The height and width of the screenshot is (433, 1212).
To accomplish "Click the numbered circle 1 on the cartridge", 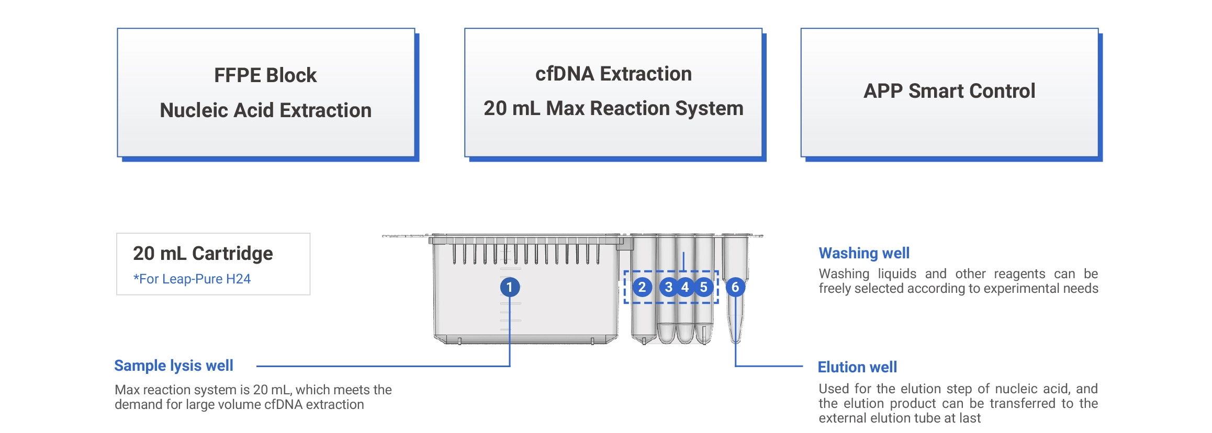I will click(x=510, y=287).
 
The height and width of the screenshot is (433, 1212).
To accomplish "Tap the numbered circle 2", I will click(x=642, y=287).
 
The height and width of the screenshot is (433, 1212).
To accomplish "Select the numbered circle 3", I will click(x=668, y=287).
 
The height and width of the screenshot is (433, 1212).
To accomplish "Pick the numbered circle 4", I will click(x=686, y=287).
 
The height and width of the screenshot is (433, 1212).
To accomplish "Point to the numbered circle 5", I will click(x=704, y=287).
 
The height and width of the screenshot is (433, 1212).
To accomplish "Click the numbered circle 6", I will click(x=735, y=287).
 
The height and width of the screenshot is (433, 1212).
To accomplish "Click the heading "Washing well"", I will click(x=864, y=253).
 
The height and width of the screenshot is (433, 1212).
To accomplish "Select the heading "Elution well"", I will click(x=857, y=367).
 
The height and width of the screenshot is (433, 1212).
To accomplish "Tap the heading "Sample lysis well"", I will click(x=174, y=366).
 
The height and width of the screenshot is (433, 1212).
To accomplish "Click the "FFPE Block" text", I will click(x=265, y=75).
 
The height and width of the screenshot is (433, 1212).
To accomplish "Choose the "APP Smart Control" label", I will click(x=949, y=91).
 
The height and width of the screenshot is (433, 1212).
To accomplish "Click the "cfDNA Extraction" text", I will click(x=613, y=74).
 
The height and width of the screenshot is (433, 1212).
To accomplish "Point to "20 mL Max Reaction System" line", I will click(x=613, y=108).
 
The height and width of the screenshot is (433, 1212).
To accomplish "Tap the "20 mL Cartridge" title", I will click(x=203, y=254).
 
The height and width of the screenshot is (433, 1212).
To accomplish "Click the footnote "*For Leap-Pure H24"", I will click(x=192, y=279).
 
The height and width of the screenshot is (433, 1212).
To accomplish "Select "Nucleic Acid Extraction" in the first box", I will click(x=265, y=110).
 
